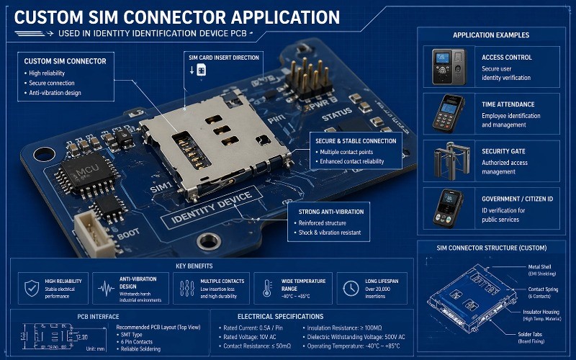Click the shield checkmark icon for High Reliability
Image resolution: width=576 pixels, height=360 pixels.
click(30, 288)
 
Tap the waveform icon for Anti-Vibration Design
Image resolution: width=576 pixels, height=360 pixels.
click(106, 288)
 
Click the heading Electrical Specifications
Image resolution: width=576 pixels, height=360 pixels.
click(280, 316)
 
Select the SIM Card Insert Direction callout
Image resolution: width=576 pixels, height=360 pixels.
click(213, 56)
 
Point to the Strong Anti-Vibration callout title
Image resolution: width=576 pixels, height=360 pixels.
click(330, 212)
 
